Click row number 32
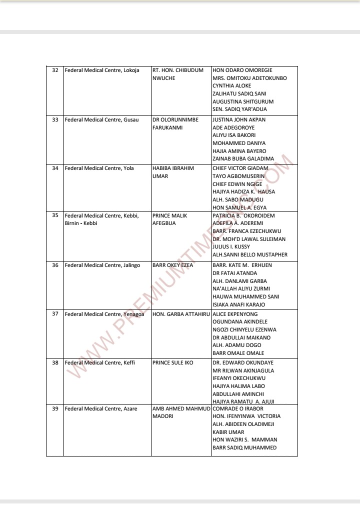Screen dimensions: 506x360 pyautogui.click(x=55, y=70)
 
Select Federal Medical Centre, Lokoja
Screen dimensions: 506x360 pyautogui.click(x=102, y=70)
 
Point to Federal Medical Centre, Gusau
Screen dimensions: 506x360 pyautogui.click(x=101, y=120)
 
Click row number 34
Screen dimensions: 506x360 pyautogui.click(x=55, y=168)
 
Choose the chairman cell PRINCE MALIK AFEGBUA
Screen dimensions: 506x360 pyautogui.click(x=169, y=219)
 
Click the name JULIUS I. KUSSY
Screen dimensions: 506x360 pyautogui.click(x=231, y=246)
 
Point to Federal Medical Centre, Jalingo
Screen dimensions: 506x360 pyautogui.click(x=102, y=265)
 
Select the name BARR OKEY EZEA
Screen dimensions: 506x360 pyautogui.click(x=173, y=265)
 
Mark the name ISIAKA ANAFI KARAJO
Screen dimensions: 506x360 pyautogui.click(x=238, y=304)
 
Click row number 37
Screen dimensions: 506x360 pyautogui.click(x=55, y=314)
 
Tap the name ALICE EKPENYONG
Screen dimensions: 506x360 pyautogui.click(x=235, y=314)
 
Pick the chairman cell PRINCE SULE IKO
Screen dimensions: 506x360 pyautogui.click(x=172, y=362)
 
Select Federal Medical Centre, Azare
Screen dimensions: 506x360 pyautogui.click(x=101, y=409)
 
